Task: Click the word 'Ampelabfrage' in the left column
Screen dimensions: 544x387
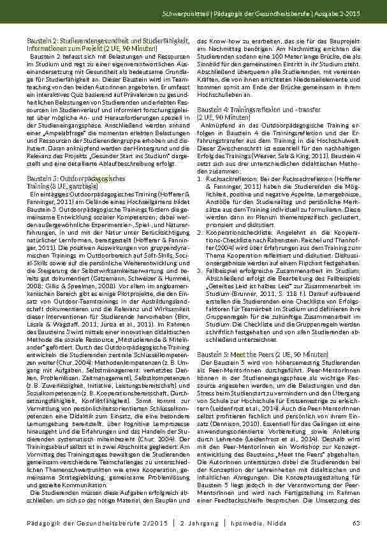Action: point(63,115)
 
